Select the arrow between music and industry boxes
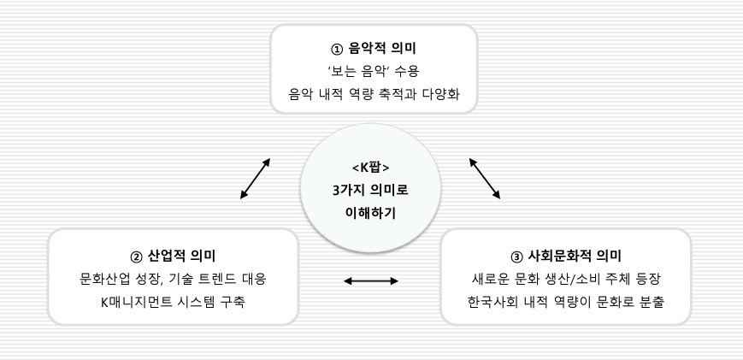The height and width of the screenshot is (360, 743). click(256, 179)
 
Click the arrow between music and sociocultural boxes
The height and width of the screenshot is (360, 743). click(485, 179)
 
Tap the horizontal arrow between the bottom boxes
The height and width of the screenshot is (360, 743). click(370, 280)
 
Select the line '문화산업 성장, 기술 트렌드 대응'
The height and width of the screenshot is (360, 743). click(174, 280)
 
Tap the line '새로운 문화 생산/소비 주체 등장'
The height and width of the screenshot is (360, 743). click(564, 280)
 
